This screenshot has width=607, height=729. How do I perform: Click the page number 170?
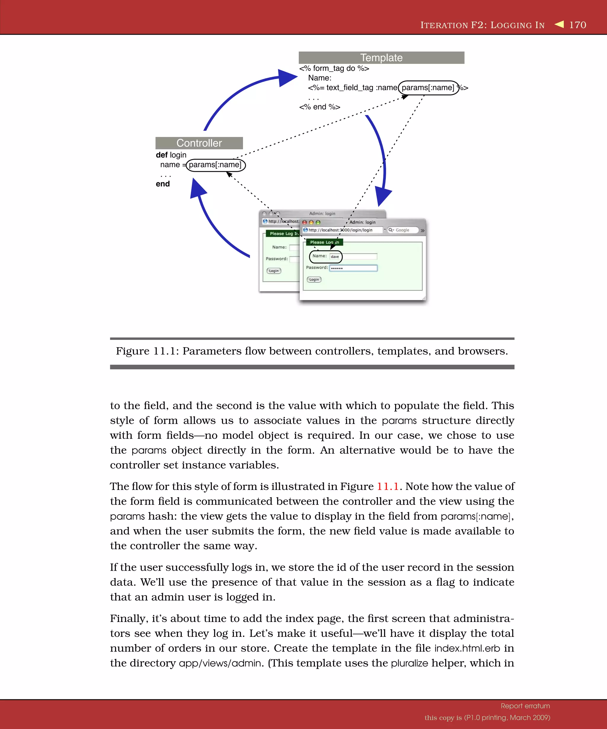click(578, 25)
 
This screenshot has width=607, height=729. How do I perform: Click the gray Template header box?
click(381, 58)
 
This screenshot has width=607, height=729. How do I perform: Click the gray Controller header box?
click(199, 143)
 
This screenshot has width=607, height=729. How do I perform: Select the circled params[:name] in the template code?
click(428, 87)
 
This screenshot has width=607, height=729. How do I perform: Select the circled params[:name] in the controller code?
click(215, 165)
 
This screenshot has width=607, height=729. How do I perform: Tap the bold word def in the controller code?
click(162, 155)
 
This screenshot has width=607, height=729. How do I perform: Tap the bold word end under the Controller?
click(163, 184)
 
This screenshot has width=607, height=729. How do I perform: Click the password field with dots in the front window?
click(353, 268)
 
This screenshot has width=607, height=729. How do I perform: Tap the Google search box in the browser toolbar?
click(403, 230)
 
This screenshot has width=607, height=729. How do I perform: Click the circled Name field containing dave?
click(325, 257)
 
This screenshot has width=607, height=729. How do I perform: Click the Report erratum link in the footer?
click(525, 706)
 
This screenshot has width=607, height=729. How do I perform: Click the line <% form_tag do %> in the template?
click(334, 69)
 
